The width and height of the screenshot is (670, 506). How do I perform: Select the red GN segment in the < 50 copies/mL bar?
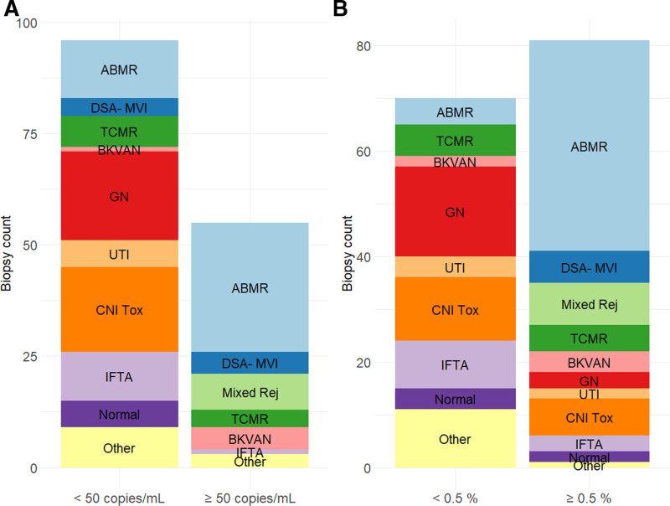coord(119,196)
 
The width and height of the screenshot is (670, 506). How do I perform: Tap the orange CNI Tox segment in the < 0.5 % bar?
coord(456,309)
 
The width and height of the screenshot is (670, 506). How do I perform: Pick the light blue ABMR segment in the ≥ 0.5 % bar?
coord(590,147)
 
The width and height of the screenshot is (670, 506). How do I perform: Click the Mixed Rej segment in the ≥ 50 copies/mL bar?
coord(249,391)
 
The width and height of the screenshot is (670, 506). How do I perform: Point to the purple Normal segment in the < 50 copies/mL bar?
coord(119,414)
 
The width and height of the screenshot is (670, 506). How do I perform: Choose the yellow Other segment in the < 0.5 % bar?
coord(456,439)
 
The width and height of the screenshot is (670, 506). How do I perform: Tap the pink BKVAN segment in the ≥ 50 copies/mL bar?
coord(249,439)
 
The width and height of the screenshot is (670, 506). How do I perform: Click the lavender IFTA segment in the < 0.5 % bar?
coord(456,364)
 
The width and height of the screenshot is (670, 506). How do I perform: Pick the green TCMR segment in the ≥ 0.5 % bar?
coord(590,338)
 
